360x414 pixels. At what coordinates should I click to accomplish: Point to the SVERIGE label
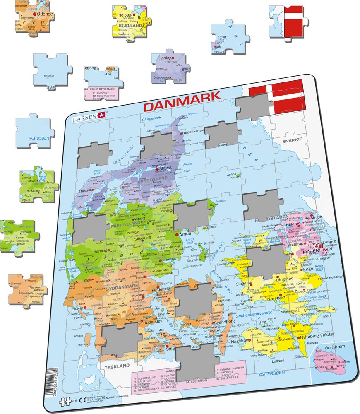tap(293, 140)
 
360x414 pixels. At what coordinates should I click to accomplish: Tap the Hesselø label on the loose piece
tap(49, 76)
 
